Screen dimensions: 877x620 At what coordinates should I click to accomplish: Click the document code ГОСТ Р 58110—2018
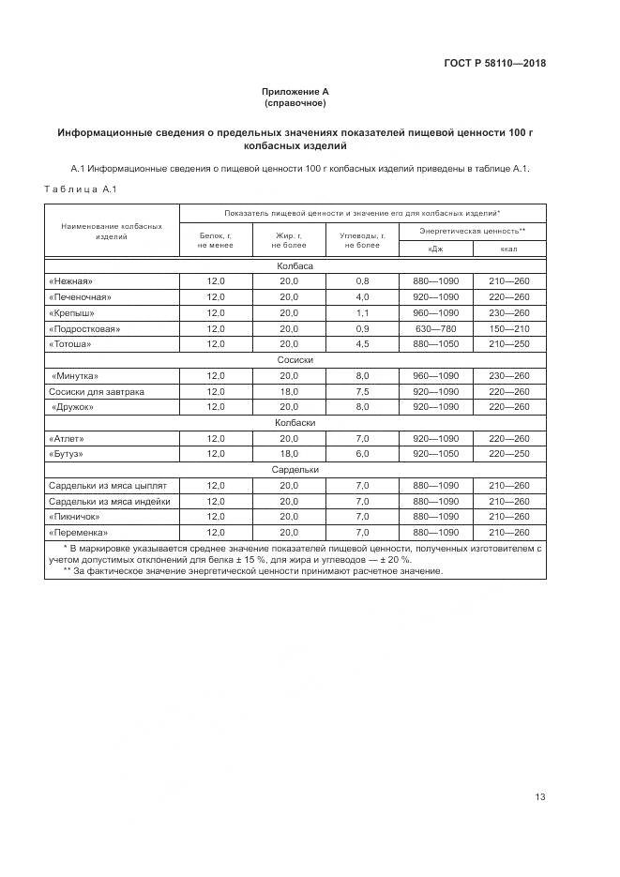pyautogui.click(x=494, y=64)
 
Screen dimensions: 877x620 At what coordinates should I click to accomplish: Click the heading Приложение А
pyautogui.click(x=295, y=92)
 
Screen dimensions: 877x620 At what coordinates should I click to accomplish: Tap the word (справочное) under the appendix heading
pyautogui.click(x=295, y=102)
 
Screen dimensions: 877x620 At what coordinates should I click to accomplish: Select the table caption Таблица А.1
pyautogui.click(x=80, y=190)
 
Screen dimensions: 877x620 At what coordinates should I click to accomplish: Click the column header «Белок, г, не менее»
pyautogui.click(x=215, y=239)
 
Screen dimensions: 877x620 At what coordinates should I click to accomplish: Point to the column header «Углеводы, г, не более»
pyautogui.click(x=362, y=239)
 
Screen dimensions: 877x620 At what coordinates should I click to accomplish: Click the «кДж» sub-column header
pyautogui.click(x=435, y=249)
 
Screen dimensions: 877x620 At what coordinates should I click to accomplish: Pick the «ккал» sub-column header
pyautogui.click(x=509, y=249)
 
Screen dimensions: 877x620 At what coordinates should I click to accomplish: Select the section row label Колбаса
pyautogui.click(x=295, y=265)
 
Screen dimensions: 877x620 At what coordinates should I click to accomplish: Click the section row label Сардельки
pyautogui.click(x=295, y=469)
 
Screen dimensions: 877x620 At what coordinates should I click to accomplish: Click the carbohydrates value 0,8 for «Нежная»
pyautogui.click(x=362, y=281)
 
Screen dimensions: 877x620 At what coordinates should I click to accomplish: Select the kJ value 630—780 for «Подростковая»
pyautogui.click(x=435, y=328)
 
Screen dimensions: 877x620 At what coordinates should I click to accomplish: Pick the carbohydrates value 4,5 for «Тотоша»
pyautogui.click(x=362, y=344)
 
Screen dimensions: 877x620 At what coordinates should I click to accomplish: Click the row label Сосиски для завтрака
pyautogui.click(x=97, y=391)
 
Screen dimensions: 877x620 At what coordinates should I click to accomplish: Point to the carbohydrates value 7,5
pyautogui.click(x=362, y=391)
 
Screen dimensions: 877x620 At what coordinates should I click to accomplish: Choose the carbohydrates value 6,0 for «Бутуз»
pyautogui.click(x=362, y=454)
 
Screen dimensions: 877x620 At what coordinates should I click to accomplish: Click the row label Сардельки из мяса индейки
pyautogui.click(x=109, y=501)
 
